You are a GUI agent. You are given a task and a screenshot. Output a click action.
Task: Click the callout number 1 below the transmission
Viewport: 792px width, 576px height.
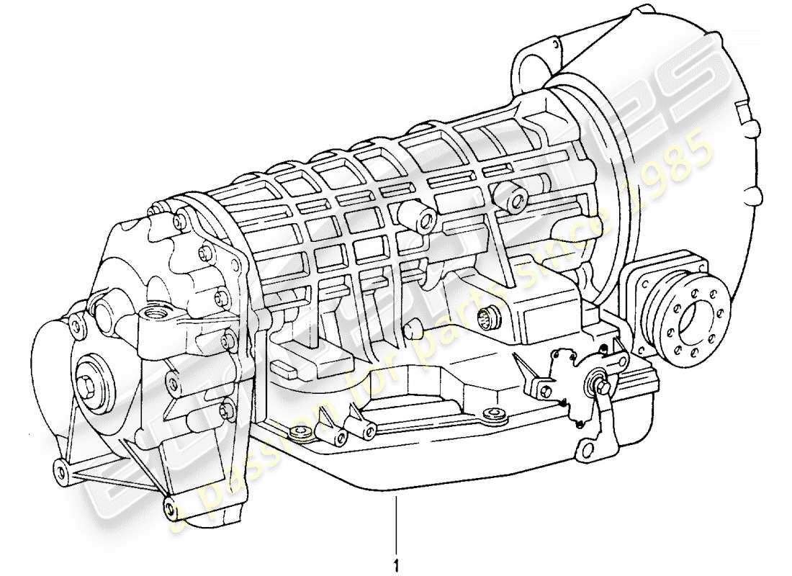click(395, 557)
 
